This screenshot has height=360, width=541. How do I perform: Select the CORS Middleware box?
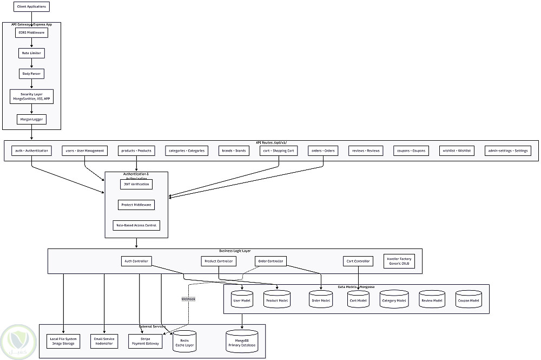click(31, 32)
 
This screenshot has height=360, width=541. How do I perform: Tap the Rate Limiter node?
click(31, 53)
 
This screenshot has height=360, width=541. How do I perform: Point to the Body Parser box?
click(31, 73)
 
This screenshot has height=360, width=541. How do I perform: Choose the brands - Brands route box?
click(234, 150)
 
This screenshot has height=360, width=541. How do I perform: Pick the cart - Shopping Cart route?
click(278, 150)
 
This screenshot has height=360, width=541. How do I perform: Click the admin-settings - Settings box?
click(508, 150)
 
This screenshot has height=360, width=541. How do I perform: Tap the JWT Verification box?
click(136, 184)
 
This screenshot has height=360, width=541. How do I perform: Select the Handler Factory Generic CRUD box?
click(399, 261)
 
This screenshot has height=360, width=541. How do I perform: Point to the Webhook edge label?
click(188, 298)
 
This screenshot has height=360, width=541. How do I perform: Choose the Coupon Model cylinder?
click(467, 299)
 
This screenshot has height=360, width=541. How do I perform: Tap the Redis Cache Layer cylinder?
click(184, 342)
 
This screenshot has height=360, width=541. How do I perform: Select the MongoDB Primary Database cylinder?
click(241, 342)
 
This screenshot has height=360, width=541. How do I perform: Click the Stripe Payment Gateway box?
click(145, 342)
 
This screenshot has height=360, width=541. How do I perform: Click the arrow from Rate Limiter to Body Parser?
click(31, 63)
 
